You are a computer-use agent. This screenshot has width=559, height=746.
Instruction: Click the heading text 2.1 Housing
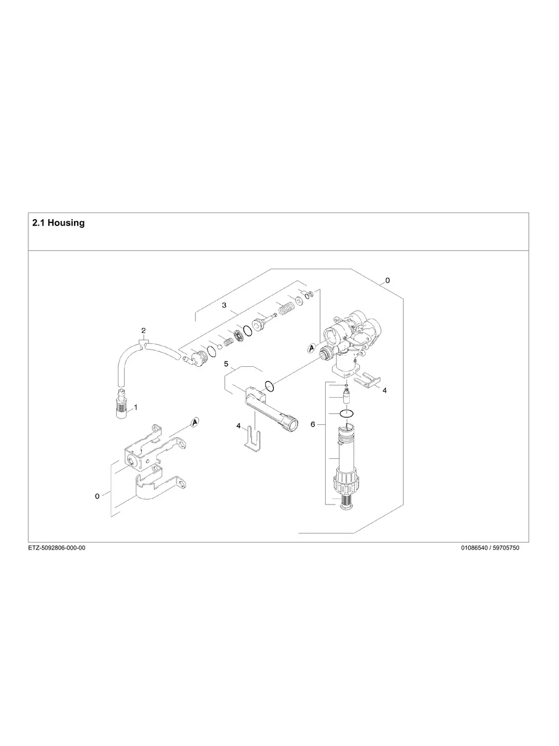[x=58, y=223]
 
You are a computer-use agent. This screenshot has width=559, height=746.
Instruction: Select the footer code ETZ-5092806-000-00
[x=57, y=548]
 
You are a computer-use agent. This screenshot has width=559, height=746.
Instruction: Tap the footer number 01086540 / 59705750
[x=490, y=548]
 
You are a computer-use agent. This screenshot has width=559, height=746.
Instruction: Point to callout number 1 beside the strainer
[x=136, y=408]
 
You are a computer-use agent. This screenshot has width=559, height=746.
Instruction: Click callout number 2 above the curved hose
[x=143, y=330]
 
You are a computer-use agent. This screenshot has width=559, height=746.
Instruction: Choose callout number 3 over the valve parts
[x=225, y=306]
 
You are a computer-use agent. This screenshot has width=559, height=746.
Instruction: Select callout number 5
[x=226, y=364]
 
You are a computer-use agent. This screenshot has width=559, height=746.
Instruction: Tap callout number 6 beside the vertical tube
[x=313, y=425]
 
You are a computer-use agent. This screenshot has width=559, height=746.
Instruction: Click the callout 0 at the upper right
[x=387, y=280]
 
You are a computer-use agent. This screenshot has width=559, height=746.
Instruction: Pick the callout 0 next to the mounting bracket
[x=97, y=496]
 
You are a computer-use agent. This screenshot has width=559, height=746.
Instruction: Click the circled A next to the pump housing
[x=312, y=348]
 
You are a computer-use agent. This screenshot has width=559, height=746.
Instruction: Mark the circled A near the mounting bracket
[x=195, y=422]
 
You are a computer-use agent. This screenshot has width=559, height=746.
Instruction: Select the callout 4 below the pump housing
[x=384, y=390]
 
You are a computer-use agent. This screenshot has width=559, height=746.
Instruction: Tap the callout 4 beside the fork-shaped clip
[x=238, y=425]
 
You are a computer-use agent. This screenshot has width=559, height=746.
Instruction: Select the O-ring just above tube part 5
[x=269, y=387]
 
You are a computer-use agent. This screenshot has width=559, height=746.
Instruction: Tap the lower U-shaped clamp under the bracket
[x=154, y=488]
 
